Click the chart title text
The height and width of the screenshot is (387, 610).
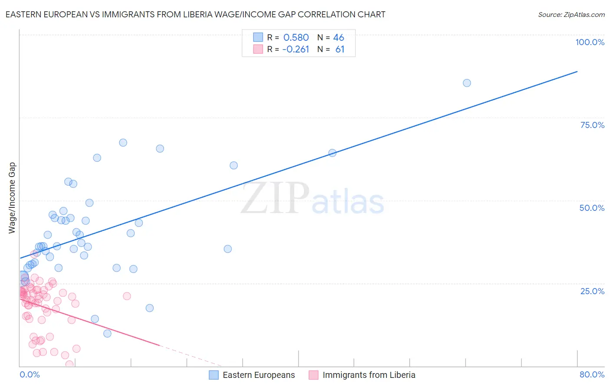[x=195, y=14]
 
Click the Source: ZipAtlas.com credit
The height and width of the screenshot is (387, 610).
[x=571, y=14]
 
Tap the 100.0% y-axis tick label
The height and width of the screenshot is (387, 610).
[x=590, y=42]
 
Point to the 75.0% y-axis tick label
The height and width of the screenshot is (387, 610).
[x=592, y=125]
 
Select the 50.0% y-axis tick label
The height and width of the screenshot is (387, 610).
[x=592, y=208]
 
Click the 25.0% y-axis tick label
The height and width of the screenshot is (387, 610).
[x=592, y=291]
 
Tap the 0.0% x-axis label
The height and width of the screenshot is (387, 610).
[x=30, y=374]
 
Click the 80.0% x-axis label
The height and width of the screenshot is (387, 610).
[x=592, y=374]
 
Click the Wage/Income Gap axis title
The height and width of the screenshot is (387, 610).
[x=12, y=198]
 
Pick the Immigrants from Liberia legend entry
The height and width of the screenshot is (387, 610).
[x=362, y=375]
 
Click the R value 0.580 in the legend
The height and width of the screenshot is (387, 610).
[x=296, y=38]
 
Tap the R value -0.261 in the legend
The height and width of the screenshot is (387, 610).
[x=295, y=49]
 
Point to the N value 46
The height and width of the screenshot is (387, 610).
[x=338, y=38]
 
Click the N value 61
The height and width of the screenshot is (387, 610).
[x=340, y=49]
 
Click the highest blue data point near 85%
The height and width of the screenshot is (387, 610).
[x=467, y=83]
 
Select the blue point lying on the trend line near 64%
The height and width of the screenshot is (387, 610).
[x=332, y=153]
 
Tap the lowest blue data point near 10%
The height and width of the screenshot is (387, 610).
[x=107, y=333]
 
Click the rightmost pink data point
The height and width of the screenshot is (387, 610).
[x=127, y=296]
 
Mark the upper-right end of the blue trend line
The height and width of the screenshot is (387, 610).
[x=577, y=71]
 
